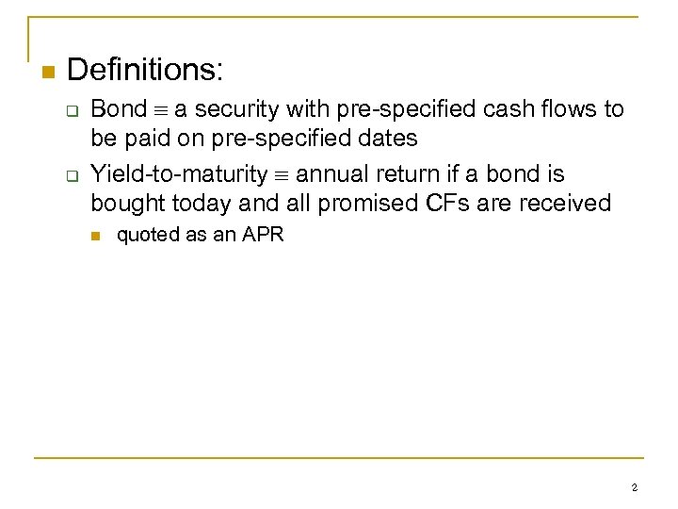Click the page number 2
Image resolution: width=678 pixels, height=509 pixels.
click(x=634, y=487)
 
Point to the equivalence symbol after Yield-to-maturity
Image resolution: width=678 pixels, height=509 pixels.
click(x=282, y=175)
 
